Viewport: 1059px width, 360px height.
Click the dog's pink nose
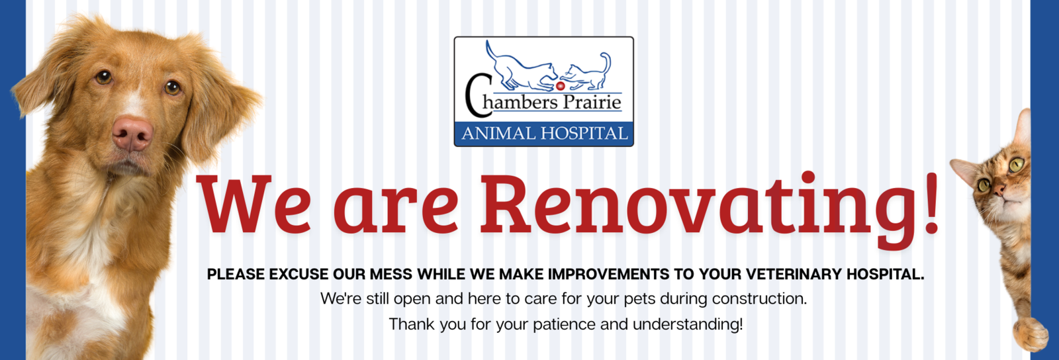click(132, 133)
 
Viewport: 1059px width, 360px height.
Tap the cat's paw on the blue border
click(1031, 334)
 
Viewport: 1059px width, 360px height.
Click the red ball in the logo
click(560, 86)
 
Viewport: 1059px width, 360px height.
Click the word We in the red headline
click(254, 204)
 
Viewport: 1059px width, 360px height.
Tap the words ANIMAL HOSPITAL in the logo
click(544, 134)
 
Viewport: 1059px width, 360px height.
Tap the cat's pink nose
click(999, 191)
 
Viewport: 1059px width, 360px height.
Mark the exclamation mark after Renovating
click(931, 204)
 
